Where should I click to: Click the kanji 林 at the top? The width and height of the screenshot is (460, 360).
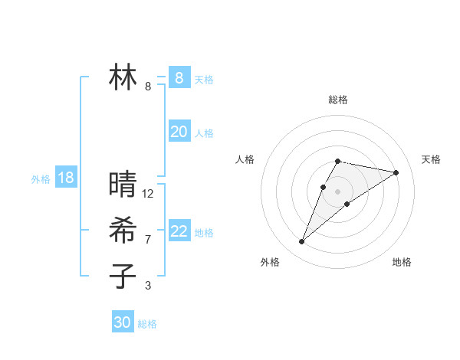click(123, 77)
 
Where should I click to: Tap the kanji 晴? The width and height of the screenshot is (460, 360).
click(123, 185)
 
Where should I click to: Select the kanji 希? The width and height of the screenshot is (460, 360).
click(123, 231)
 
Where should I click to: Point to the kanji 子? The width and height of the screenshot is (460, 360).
click(123, 276)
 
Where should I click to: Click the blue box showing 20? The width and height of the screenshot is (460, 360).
click(179, 132)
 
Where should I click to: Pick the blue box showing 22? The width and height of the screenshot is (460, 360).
click(179, 231)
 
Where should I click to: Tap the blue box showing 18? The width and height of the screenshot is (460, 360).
click(66, 178)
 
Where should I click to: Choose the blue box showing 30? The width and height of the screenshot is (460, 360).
click(123, 322)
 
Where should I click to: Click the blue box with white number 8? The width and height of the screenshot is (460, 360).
click(179, 77)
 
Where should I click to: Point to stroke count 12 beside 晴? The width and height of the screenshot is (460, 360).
click(148, 194)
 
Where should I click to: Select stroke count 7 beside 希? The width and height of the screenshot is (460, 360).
click(148, 240)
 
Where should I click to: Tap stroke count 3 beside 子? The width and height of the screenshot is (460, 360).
click(148, 286)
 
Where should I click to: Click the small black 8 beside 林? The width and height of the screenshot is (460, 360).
click(148, 87)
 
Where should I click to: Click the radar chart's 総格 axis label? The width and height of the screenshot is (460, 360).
click(338, 100)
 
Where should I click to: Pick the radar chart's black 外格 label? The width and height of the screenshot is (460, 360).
click(270, 263)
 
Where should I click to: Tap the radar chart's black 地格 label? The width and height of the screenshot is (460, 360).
click(402, 263)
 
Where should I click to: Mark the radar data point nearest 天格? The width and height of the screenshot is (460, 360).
click(396, 172)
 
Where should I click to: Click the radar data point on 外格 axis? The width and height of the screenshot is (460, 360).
click(301, 242)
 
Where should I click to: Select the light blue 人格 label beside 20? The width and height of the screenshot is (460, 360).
click(204, 133)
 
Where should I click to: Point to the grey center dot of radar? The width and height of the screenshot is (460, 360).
click(337, 191)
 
